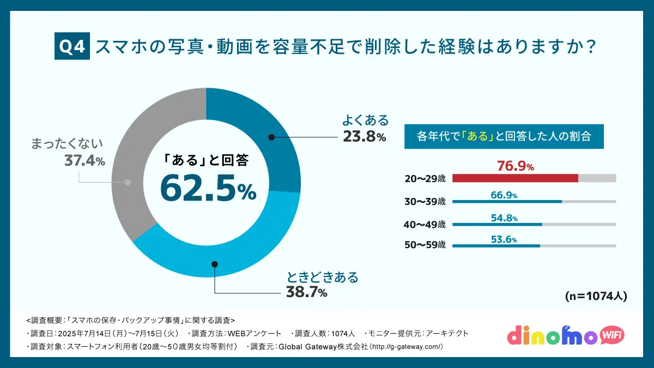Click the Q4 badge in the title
point(72,47)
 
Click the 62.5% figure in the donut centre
point(208,188)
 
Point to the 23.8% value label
point(364,137)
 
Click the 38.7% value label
point(307,292)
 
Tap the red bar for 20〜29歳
point(515,178)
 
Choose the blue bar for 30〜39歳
point(507,201)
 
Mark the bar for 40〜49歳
point(497,224)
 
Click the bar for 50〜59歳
point(496,246)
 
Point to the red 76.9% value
point(515,166)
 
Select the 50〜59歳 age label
point(425,245)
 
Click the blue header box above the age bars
point(504,136)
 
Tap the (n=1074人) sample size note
point(596,297)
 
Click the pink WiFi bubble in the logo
point(613,334)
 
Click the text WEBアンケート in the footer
point(254,333)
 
